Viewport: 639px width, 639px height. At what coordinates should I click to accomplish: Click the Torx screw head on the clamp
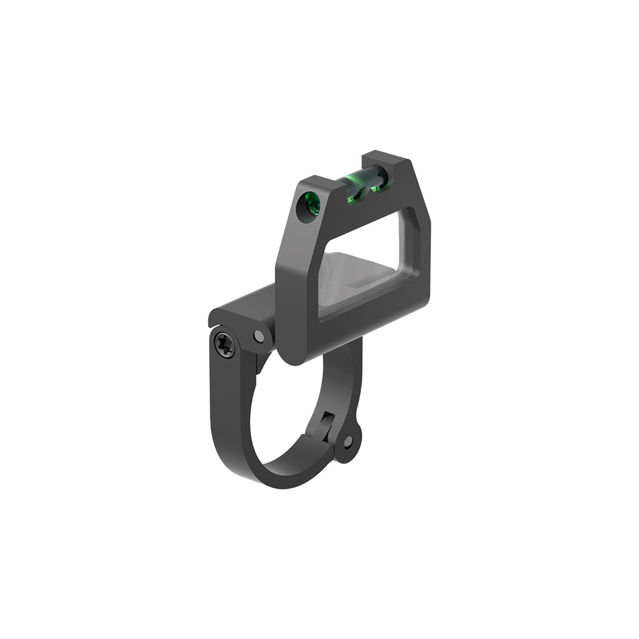[x=224, y=345]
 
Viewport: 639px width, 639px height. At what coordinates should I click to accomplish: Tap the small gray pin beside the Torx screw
[x=259, y=336]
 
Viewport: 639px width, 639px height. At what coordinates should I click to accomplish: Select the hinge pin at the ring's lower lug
[x=347, y=441]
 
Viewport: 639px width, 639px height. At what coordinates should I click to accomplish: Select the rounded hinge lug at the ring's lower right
[x=349, y=443]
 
